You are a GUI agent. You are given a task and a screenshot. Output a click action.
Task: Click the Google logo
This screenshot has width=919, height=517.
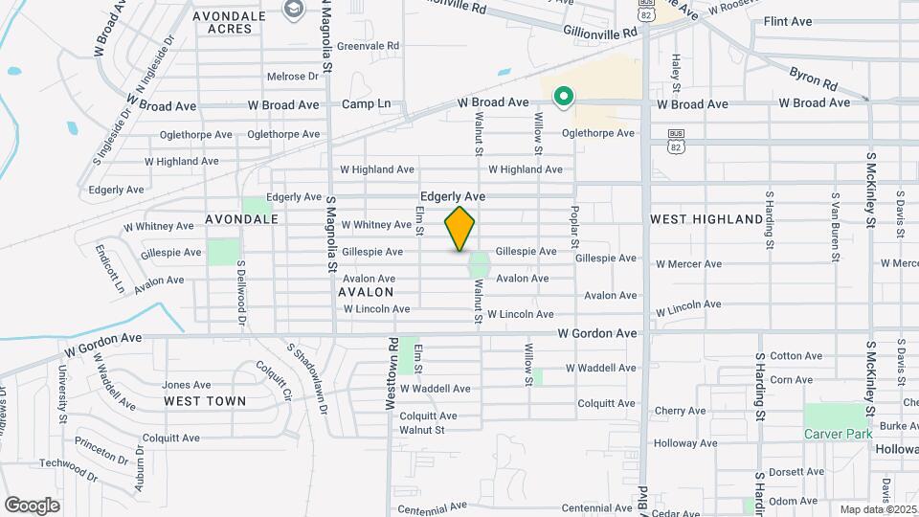pyautogui.click(x=32, y=505)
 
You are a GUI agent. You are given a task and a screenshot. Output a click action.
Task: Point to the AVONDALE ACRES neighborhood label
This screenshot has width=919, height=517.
pyautogui.click(x=222, y=22)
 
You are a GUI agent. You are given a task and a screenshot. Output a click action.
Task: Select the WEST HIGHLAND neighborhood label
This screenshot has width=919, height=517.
pyautogui.click(x=706, y=219)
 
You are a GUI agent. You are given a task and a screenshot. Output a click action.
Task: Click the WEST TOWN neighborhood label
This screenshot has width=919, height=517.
pyautogui.click(x=204, y=401)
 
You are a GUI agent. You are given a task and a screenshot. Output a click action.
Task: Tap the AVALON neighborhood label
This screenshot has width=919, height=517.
pyautogui.click(x=366, y=292)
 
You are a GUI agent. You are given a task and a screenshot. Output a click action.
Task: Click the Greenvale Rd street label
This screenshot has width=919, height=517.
pyautogui.click(x=367, y=45)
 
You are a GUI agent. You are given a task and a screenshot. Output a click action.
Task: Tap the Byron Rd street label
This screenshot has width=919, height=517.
pyautogui.click(x=813, y=74)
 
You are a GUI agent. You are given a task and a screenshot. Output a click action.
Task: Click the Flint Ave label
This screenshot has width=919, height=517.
pyautogui.click(x=787, y=21)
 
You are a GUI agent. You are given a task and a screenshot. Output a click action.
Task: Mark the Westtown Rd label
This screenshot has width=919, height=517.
pyautogui.click(x=391, y=373)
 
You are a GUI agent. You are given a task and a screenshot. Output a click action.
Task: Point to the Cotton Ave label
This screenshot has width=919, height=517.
pyautogui.click(x=796, y=356)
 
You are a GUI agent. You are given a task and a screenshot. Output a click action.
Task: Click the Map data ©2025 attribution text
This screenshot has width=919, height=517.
pyautogui.click(x=877, y=509)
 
